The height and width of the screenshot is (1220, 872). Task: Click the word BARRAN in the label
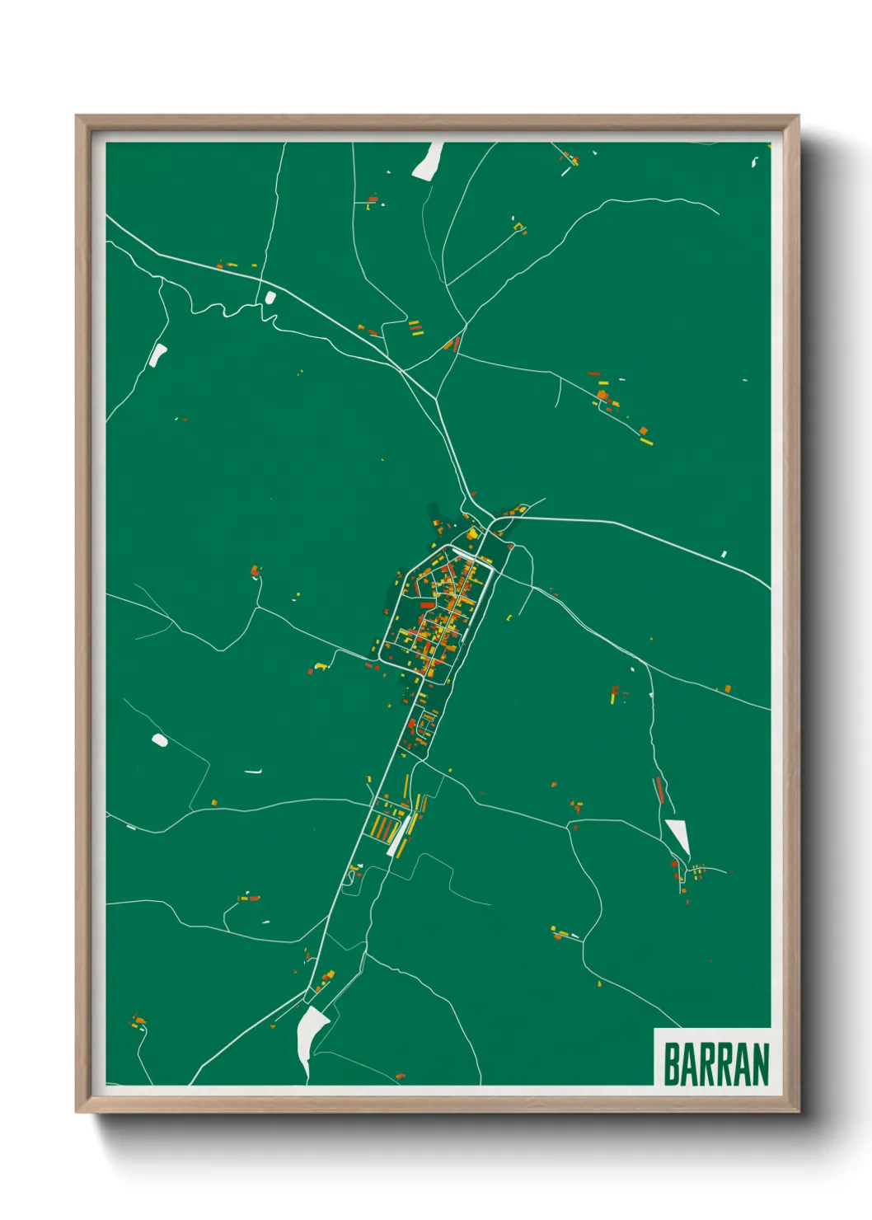715,1064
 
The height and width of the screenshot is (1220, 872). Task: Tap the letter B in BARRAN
671,1064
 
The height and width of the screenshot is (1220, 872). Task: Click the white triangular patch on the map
679,835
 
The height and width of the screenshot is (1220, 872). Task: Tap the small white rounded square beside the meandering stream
270,298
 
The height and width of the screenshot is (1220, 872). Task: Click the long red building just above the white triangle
659,789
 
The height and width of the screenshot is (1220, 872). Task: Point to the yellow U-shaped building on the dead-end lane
519,227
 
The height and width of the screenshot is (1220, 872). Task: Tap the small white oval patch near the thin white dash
160,740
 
